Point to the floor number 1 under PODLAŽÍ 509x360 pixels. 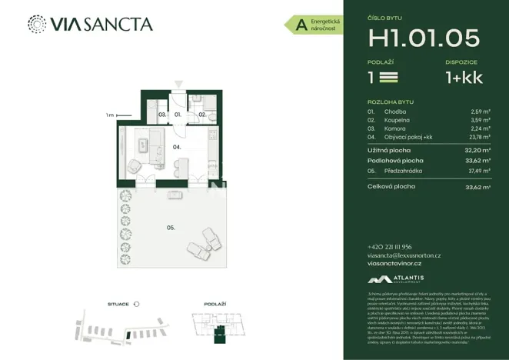click(x=372, y=77)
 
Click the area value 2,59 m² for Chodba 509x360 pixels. click(x=480, y=111)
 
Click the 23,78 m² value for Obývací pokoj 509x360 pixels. click(x=479, y=138)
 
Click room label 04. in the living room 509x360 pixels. click(x=176, y=145)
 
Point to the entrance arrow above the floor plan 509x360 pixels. click(x=178, y=83)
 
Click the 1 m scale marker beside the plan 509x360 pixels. click(x=111, y=115)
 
